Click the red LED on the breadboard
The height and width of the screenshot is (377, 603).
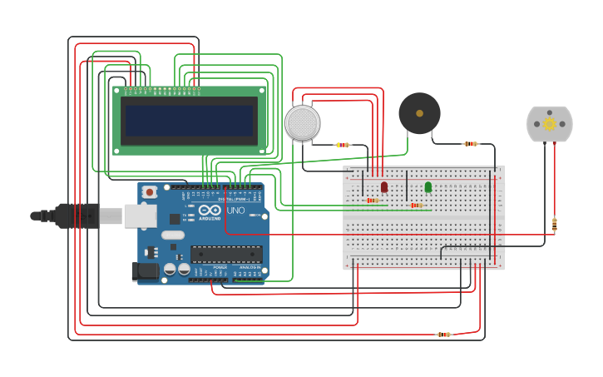(383, 187)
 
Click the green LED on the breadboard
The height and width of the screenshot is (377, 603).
(428, 187)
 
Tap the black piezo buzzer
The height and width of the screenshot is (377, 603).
(419, 113)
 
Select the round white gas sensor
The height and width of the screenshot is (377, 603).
(302, 123)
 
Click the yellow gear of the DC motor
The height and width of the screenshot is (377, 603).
(550, 124)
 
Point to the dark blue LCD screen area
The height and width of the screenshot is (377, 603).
(189, 121)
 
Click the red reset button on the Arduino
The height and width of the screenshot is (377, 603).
(149, 192)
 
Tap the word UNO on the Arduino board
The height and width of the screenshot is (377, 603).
(235, 211)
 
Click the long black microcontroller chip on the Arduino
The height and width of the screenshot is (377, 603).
(226, 254)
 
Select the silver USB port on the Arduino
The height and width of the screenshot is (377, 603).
(140, 216)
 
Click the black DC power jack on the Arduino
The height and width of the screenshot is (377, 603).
(146, 270)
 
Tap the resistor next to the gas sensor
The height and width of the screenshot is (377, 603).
(343, 145)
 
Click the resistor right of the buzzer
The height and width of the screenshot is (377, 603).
(471, 144)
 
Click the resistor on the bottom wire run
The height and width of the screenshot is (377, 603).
(444, 335)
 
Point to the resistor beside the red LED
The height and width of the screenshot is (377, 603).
(372, 200)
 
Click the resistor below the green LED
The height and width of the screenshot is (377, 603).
(416, 205)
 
